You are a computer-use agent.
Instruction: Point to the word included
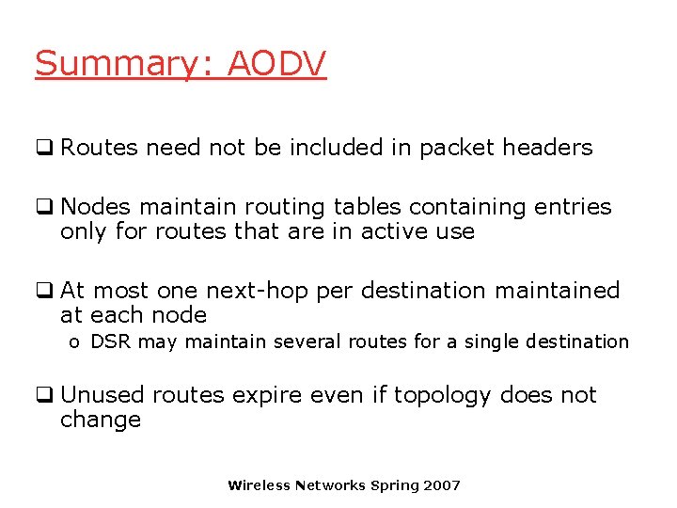[x=348, y=148]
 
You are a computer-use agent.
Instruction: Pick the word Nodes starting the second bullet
[x=91, y=207]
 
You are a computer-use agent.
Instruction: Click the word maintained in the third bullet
[x=559, y=291]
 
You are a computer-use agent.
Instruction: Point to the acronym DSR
[x=111, y=341]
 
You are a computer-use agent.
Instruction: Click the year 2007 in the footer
[x=443, y=485]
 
